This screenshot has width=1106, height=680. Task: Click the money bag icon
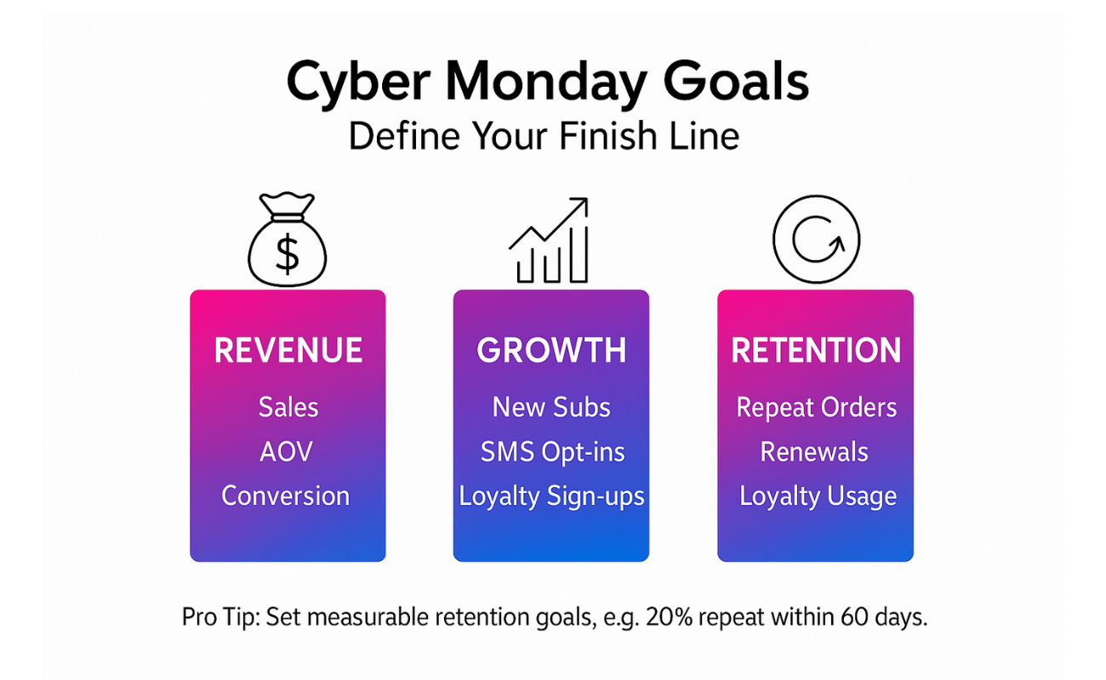287,240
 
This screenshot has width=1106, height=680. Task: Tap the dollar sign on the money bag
287,254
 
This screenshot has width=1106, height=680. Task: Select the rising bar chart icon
549,241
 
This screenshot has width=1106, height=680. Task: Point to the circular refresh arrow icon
816,197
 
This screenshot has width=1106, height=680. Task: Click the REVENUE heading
288,350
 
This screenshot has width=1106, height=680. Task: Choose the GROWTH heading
551,350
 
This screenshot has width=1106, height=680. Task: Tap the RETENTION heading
816,350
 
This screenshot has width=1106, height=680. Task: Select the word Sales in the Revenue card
288,408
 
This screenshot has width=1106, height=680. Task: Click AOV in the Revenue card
287,451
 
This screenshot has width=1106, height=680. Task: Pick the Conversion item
285,496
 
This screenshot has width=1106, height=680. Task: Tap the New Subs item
551,408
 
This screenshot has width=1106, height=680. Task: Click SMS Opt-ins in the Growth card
552,452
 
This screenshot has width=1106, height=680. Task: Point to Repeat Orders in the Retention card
816,408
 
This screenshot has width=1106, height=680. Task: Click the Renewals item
814,451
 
